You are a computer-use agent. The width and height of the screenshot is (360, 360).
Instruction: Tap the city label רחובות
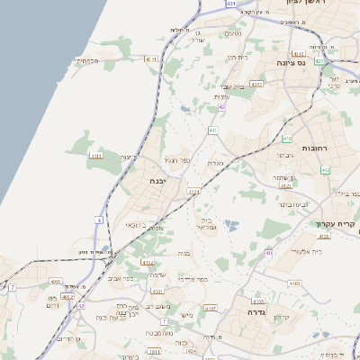click(317, 148)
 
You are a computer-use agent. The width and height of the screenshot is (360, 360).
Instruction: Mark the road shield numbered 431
click(232, 4)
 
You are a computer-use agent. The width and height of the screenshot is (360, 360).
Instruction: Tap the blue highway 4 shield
click(98, 219)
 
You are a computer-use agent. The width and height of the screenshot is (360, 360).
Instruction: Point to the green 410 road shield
click(287, 139)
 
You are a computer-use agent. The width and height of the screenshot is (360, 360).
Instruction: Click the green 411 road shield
click(213, 130)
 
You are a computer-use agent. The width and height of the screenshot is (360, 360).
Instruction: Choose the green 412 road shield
click(325, 169)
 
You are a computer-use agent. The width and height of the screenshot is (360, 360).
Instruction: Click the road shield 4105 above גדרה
click(259, 301)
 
